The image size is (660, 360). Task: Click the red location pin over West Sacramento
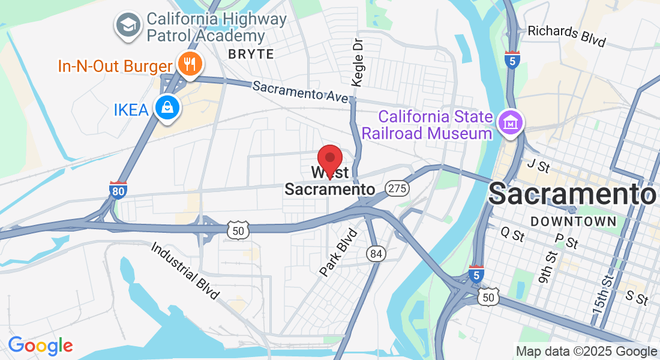click(329, 158)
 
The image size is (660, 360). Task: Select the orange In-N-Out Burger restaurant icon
click(190, 63)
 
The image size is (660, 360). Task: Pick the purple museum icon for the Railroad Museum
click(511, 124)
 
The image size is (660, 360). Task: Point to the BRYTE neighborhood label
click(251, 54)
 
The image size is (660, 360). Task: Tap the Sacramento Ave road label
click(300, 91)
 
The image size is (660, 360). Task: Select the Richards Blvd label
click(566, 36)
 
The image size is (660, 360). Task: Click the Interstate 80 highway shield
click(118, 190)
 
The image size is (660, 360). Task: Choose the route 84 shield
click(376, 254)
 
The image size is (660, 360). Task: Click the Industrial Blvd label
click(185, 271)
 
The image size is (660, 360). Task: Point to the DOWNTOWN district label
click(574, 221)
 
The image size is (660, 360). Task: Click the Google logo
click(40, 346)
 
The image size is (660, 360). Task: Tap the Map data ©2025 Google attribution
click(586, 352)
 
